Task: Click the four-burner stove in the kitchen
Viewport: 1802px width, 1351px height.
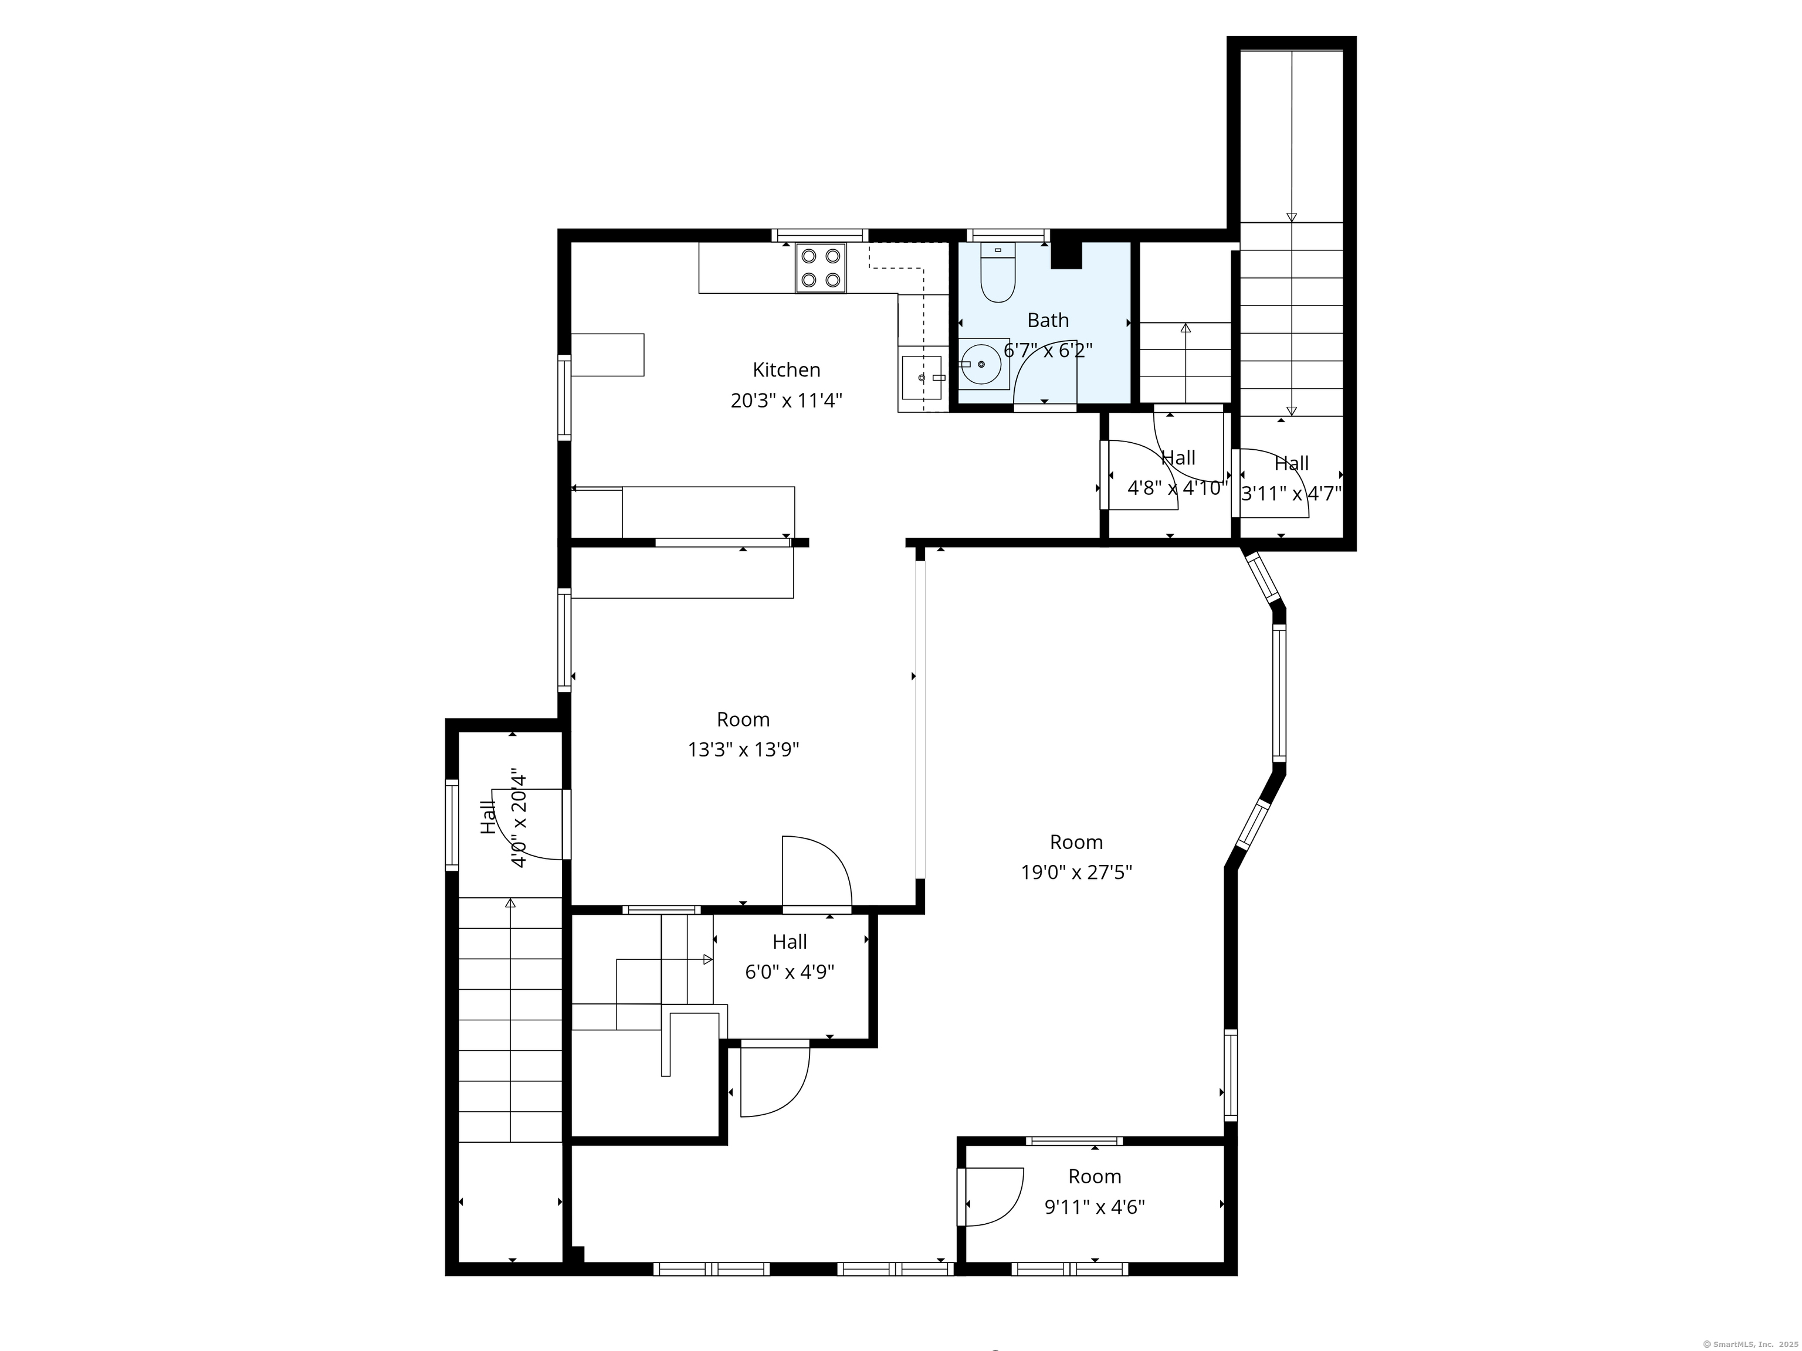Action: (x=821, y=268)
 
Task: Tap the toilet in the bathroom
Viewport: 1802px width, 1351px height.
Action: (x=998, y=273)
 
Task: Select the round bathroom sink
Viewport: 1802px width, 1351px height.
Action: (x=981, y=365)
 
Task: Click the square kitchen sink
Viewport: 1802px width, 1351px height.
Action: (x=922, y=378)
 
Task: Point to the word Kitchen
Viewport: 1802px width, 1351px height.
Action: (x=786, y=370)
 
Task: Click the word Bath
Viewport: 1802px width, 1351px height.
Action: (x=1048, y=320)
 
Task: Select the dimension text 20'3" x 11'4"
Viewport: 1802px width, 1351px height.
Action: (x=786, y=400)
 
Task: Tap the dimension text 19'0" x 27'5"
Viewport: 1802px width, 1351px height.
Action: (x=1076, y=872)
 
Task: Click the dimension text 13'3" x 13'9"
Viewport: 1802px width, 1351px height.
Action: (x=743, y=750)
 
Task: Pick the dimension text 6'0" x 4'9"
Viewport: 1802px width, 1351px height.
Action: (x=790, y=972)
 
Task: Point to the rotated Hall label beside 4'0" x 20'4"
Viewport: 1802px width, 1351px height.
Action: (x=488, y=817)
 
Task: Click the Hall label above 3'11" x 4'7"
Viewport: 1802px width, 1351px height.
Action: (x=1291, y=463)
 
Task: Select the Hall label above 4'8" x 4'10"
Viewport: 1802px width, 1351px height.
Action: (x=1178, y=457)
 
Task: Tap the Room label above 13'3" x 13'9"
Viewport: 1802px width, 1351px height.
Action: (x=743, y=719)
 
